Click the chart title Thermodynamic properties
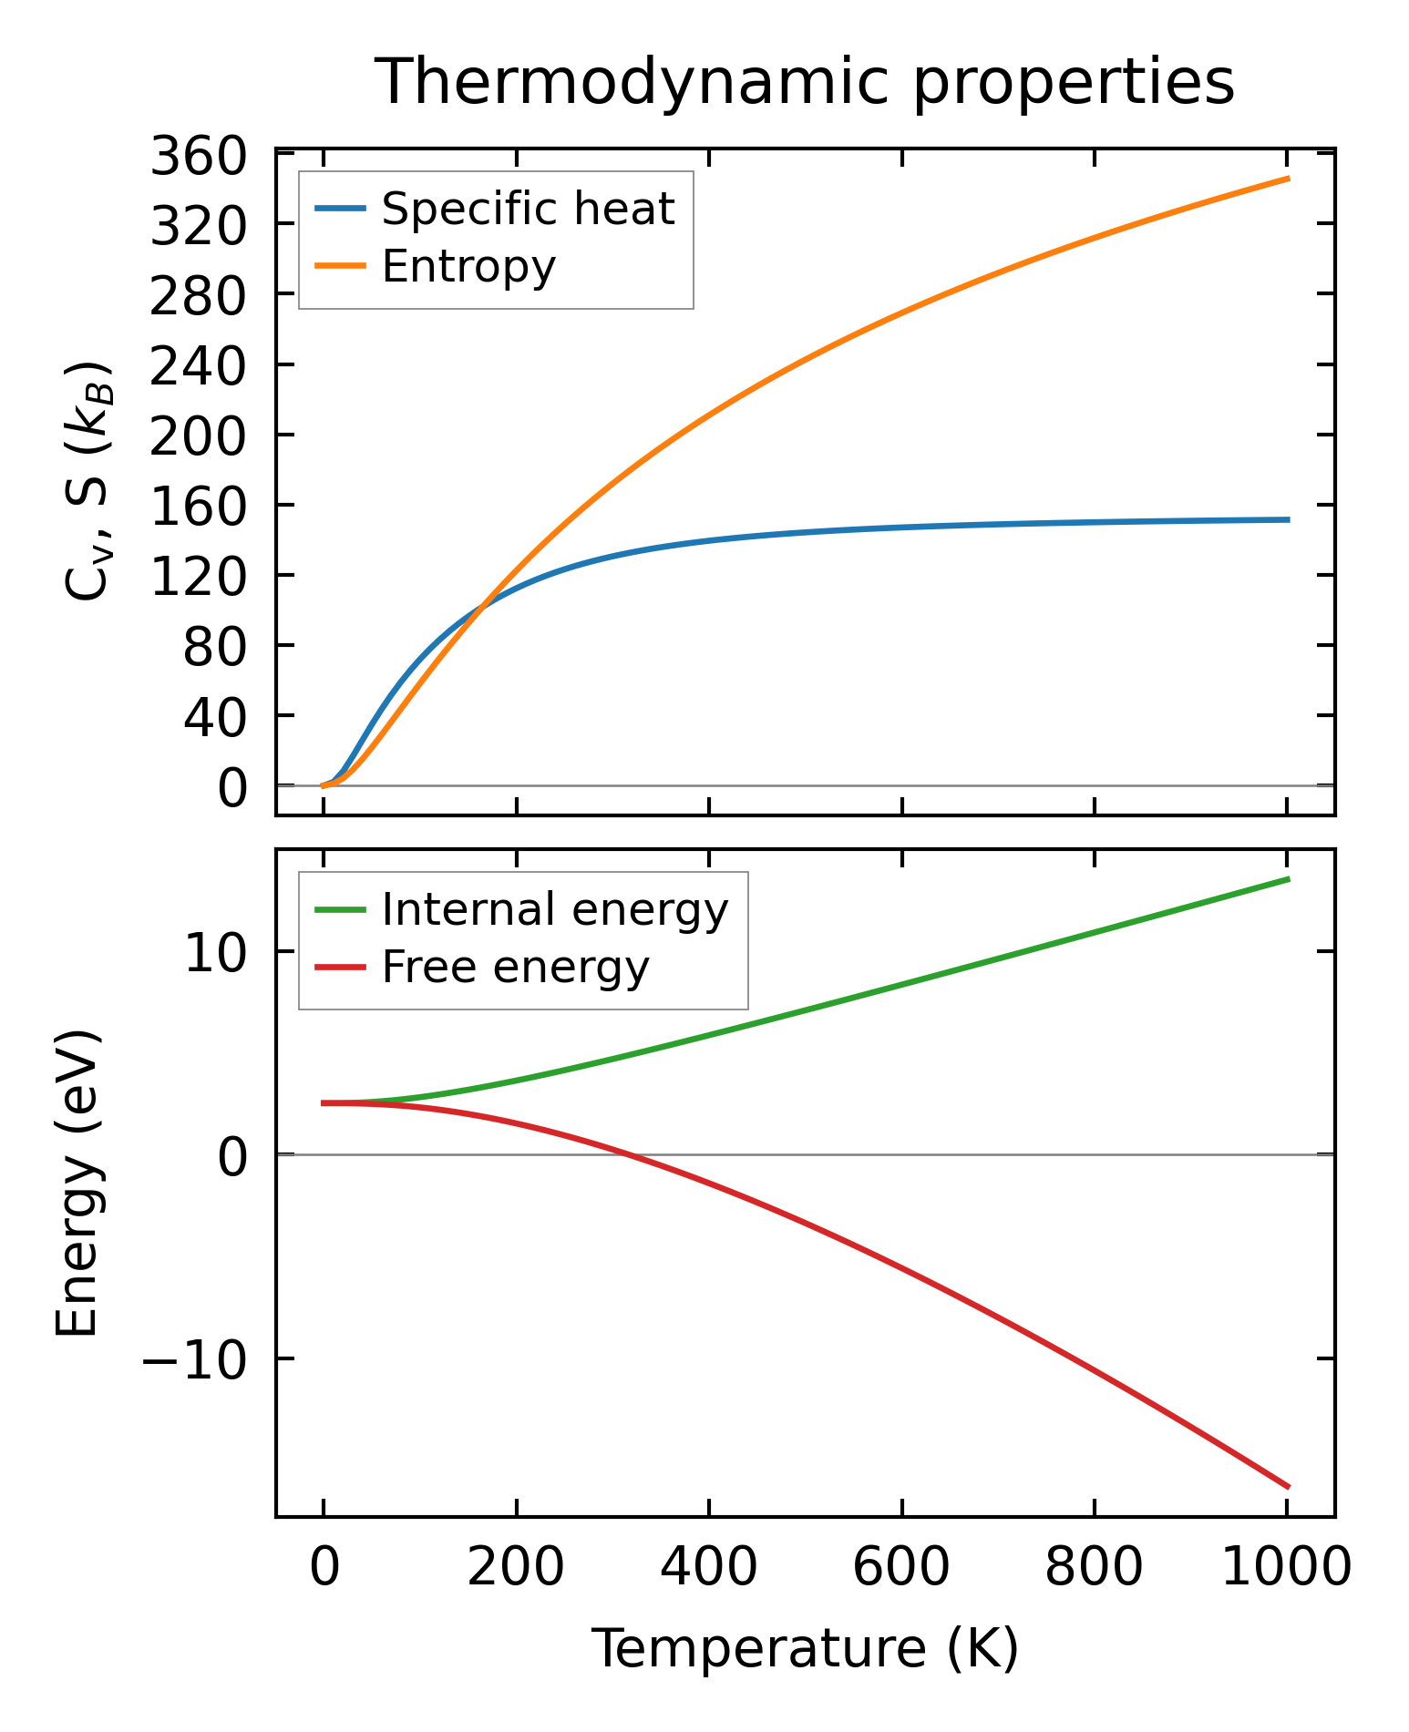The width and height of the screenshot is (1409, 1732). point(805,82)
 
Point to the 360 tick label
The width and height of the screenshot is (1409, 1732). point(198,157)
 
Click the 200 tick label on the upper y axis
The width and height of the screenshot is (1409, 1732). point(198,437)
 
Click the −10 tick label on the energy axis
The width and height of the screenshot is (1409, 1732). point(193,1361)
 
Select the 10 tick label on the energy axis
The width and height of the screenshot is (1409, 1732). point(215,954)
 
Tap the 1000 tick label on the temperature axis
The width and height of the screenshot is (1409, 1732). point(1285,1569)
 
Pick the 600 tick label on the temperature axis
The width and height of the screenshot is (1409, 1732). point(900,1569)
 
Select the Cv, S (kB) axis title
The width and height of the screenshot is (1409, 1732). point(88,481)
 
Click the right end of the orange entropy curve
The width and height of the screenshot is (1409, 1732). point(1288,179)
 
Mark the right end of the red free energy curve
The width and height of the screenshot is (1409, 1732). point(1288,1487)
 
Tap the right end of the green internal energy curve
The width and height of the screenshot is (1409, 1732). point(1288,878)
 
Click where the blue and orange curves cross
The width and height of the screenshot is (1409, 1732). point(480,605)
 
